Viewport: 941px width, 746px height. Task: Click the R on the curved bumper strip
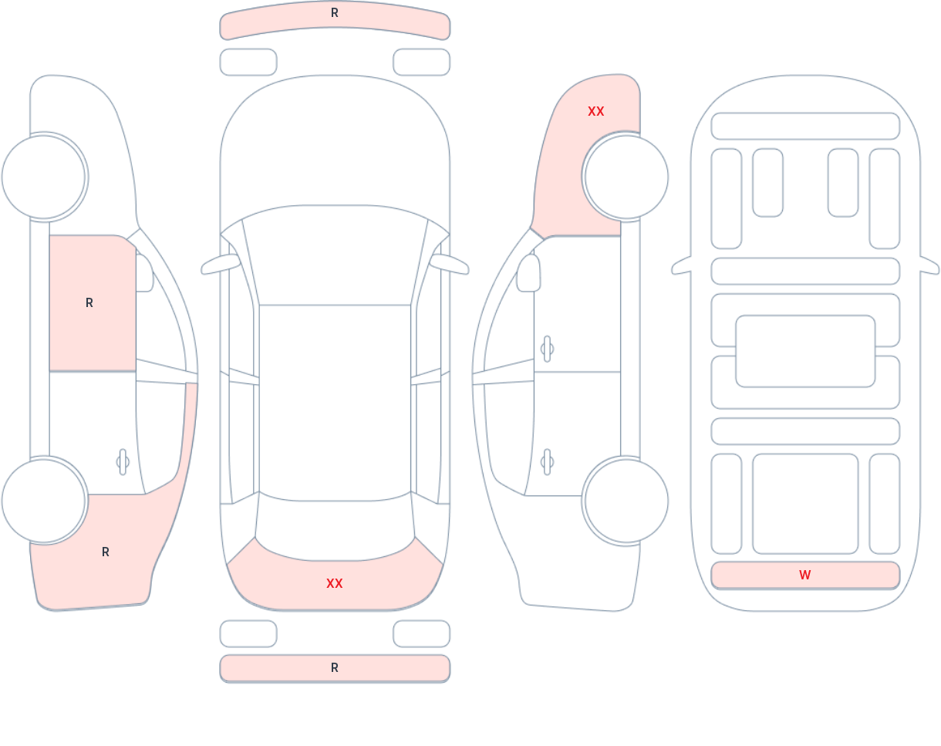[335, 13]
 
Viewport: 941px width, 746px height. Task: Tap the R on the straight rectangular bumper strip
[335, 668]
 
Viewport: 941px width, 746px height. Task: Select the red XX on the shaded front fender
[596, 112]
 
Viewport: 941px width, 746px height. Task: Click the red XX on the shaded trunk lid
[335, 583]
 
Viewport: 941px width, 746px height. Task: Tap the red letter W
[805, 575]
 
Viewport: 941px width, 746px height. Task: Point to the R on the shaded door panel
[89, 302]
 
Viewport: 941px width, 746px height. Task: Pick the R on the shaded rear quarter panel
[106, 552]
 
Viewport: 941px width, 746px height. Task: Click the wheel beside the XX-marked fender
[626, 177]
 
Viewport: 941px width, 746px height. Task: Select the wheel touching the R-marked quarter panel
[44, 501]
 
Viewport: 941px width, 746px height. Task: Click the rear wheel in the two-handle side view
[626, 501]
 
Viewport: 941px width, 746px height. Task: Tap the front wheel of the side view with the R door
[44, 177]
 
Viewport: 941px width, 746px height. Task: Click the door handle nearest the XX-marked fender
[547, 349]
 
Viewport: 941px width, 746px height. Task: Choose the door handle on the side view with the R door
[123, 462]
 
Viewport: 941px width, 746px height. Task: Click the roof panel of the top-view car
[335, 402]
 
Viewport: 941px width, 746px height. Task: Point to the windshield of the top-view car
[335, 255]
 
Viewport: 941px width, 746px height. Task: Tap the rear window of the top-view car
[335, 527]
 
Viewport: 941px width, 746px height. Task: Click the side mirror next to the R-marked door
[144, 273]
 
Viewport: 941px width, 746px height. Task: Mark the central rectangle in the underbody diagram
[805, 351]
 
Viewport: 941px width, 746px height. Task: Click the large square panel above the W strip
[805, 504]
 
